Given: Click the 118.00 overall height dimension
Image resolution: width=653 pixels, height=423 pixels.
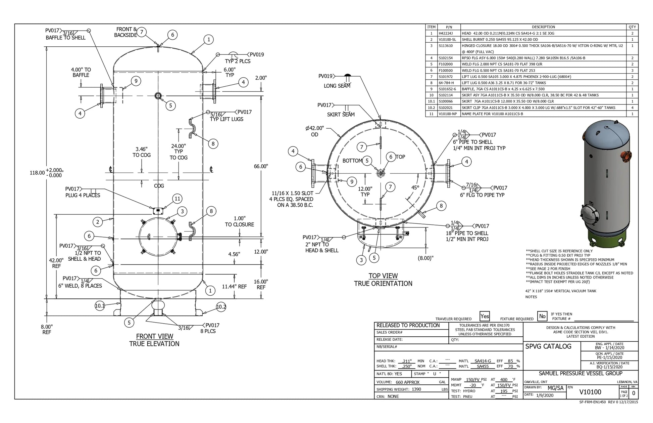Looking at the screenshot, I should click(37, 173).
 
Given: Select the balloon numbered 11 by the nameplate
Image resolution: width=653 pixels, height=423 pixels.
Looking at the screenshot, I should click(177, 199).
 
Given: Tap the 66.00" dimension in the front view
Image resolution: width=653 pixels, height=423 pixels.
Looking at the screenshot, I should click(261, 166).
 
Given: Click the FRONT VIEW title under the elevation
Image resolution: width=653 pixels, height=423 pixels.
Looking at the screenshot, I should click(155, 336).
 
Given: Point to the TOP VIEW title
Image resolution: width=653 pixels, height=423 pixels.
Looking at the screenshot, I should click(383, 276).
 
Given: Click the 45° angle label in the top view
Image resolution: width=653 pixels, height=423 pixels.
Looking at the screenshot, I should click(415, 187).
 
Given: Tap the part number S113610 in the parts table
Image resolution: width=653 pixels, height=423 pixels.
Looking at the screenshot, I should click(446, 46).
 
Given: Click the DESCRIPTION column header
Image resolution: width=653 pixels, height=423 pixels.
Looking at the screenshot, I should click(543, 27).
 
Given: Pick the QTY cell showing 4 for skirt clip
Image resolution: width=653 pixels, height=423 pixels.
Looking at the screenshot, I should click(632, 108).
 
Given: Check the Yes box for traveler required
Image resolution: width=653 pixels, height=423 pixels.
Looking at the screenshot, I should click(485, 316).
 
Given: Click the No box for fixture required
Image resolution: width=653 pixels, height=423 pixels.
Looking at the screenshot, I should click(542, 316).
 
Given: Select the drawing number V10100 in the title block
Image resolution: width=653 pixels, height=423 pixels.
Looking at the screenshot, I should click(590, 392).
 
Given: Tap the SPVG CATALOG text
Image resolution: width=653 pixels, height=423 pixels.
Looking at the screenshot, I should click(548, 346).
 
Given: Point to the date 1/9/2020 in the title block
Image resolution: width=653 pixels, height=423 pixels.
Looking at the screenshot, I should click(544, 395).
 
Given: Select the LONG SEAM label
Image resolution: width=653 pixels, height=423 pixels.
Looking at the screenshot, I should click(337, 86).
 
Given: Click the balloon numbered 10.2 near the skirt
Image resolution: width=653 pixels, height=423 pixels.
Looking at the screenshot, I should click(221, 307).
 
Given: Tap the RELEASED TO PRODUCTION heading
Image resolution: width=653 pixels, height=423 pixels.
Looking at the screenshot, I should click(408, 326).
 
